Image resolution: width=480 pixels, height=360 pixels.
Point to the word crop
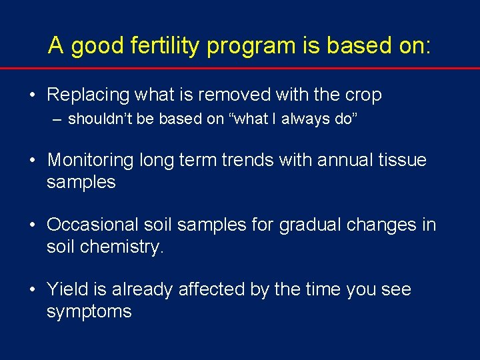361,96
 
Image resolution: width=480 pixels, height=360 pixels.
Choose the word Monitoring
91,161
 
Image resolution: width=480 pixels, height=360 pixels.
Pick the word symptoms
89,312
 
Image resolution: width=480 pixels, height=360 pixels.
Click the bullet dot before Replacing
31,95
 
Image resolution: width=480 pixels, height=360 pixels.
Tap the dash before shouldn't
59,120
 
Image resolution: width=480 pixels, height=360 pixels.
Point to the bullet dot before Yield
31,289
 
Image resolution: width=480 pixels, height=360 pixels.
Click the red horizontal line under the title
240,68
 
